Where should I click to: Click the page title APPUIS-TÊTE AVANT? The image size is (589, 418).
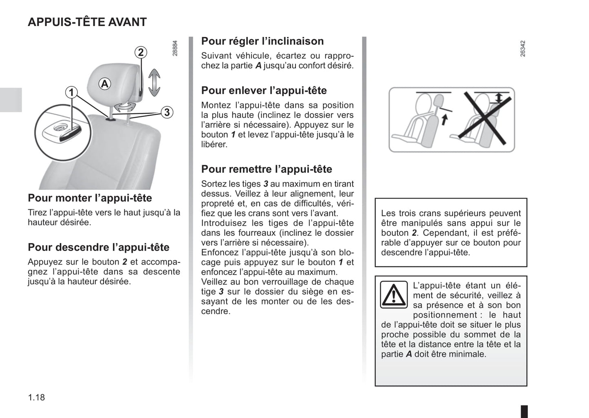pyautogui.click(x=87, y=22)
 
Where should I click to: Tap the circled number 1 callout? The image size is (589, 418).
pyautogui.click(x=72, y=92)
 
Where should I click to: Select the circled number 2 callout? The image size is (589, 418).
pyautogui.click(x=141, y=52)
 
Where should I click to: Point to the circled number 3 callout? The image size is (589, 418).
pyautogui.click(x=167, y=112)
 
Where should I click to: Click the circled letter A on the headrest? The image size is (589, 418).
pyautogui.click(x=105, y=84)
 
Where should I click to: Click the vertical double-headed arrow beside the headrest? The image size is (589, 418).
pyautogui.click(x=154, y=82)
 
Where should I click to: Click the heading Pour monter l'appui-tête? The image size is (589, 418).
pyautogui.click(x=90, y=198)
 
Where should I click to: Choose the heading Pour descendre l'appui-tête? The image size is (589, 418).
pyautogui.click(x=99, y=247)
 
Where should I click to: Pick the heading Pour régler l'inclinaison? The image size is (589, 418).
pyautogui.click(x=263, y=41)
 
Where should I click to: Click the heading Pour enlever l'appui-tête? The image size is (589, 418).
pyautogui.click(x=264, y=90)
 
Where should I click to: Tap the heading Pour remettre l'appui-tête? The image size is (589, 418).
pyautogui.click(x=267, y=169)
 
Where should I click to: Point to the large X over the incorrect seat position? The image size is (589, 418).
pyautogui.click(x=484, y=119)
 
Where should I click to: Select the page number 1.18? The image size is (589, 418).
pyautogui.click(x=36, y=397)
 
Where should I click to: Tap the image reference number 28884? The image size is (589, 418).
pyautogui.click(x=175, y=48)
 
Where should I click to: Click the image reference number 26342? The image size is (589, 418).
pyautogui.click(x=523, y=48)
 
